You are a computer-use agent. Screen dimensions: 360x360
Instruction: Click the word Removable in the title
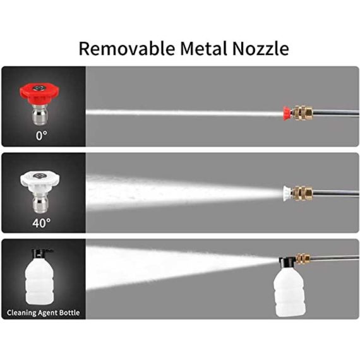[x=126, y=48]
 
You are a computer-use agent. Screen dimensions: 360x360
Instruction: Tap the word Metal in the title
[x=203, y=48]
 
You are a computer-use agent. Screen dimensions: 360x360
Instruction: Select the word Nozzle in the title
[x=260, y=49]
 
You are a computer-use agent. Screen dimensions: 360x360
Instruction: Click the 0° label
[x=41, y=135]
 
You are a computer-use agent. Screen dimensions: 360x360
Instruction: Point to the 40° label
[x=41, y=223]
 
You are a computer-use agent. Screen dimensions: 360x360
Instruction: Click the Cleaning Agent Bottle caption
[x=43, y=313]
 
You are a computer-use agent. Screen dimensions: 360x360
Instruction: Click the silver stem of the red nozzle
[x=40, y=114]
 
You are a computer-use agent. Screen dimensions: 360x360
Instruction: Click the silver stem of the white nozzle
[x=40, y=202]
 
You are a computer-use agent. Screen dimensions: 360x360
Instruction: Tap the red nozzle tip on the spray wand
[x=287, y=113]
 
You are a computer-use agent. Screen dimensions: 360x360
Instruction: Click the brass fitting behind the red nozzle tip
[x=302, y=113]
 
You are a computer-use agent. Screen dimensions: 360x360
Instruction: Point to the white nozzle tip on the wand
[x=287, y=193]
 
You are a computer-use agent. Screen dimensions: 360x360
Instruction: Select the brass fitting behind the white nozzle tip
[x=302, y=193]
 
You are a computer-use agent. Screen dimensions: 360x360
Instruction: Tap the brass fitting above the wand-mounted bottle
[x=303, y=259]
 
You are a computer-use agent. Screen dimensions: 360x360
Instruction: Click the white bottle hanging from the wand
[x=289, y=292]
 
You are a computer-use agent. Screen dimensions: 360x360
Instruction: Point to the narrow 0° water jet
[x=184, y=112]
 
